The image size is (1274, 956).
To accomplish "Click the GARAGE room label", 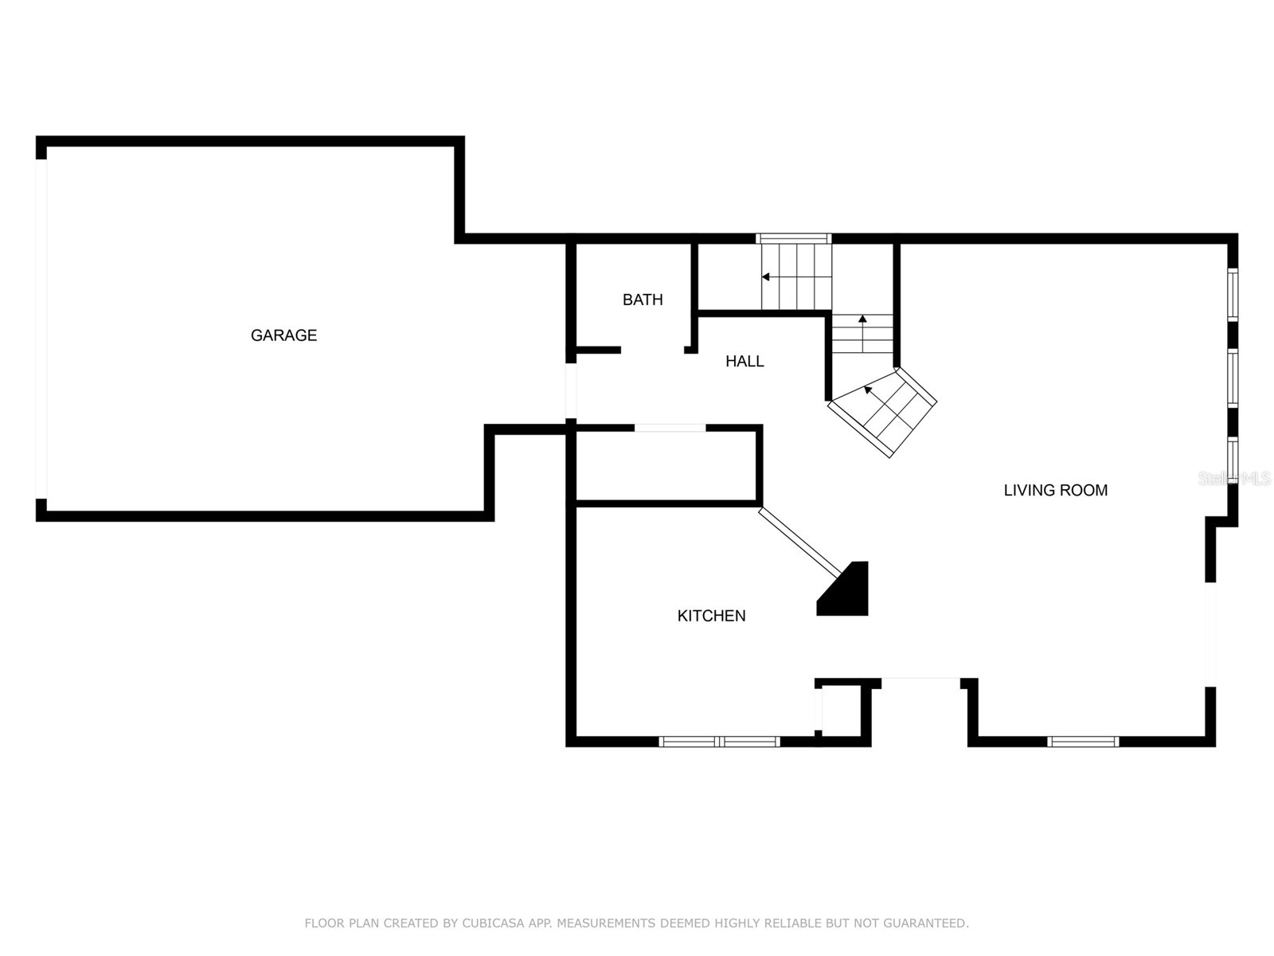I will point(283,335).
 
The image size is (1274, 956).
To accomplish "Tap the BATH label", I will point(643,300).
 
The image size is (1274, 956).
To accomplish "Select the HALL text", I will point(744,361).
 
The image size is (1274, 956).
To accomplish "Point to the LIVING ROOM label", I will point(1055,490).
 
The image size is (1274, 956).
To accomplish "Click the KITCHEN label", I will point(711,615).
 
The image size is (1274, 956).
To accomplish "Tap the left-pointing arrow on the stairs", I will point(766,277).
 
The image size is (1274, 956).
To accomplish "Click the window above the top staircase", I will point(793,238).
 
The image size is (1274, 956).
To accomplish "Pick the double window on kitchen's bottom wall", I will point(719,742).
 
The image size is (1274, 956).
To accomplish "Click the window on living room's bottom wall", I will point(1083,742).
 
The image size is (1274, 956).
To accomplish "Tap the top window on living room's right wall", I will point(1233,295).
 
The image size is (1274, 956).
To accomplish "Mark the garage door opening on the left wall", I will point(41,328).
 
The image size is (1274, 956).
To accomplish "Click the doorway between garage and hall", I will point(570,390).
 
